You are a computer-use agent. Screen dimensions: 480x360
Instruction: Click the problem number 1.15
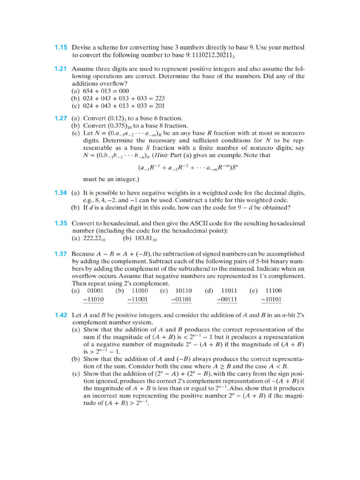click(x=61, y=47)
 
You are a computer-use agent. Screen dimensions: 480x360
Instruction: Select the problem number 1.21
click(x=61, y=68)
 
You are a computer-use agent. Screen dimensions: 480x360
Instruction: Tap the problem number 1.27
click(x=61, y=118)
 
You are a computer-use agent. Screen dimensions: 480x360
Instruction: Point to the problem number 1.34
click(x=61, y=193)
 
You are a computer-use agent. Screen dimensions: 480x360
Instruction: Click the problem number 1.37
click(x=61, y=254)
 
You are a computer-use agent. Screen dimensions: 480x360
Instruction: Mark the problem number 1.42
click(x=61, y=315)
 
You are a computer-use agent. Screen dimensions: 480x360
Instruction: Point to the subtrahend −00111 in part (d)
click(x=228, y=299)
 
